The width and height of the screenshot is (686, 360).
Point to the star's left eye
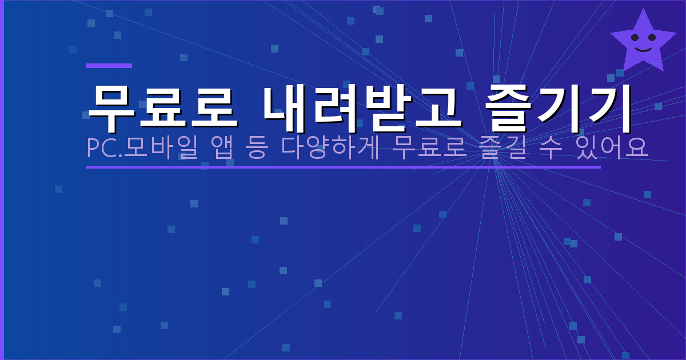[x=635, y=38]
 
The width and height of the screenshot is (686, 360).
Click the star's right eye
[x=652, y=38]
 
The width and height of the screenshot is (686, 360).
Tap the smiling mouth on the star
[x=643, y=49]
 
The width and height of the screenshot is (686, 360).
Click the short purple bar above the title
[x=109, y=66]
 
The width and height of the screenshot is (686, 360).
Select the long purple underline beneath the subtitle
[x=343, y=167]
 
